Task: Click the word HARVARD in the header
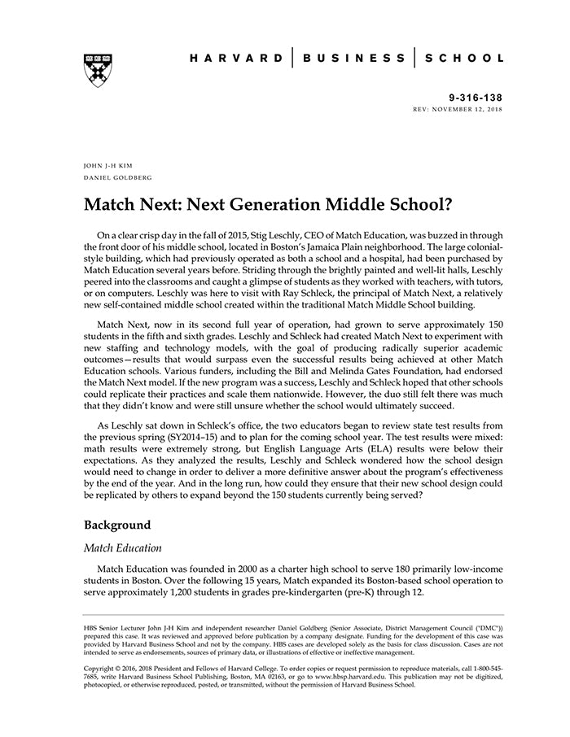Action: click(236, 59)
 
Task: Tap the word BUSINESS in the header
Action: click(353, 59)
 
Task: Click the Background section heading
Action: click(119, 525)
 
